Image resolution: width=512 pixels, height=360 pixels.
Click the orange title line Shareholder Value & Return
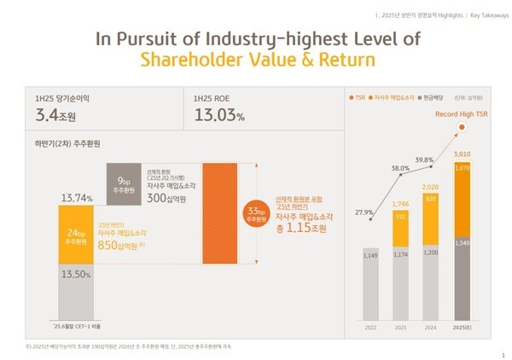click(x=255, y=61)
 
